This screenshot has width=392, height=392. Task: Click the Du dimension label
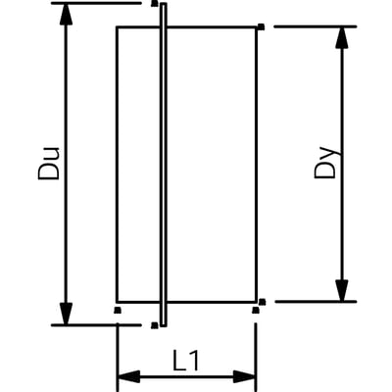(x=49, y=163)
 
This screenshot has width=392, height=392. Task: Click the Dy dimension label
(x=326, y=163)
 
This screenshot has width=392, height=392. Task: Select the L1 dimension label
(x=185, y=361)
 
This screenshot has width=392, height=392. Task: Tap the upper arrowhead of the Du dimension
(x=66, y=14)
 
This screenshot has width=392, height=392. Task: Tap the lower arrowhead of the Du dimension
(x=67, y=314)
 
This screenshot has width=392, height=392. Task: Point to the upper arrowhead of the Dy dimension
(x=342, y=38)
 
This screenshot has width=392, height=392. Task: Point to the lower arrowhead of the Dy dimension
(x=342, y=290)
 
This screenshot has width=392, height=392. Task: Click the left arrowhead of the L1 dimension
(x=128, y=376)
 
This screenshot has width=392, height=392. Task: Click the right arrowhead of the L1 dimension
(x=245, y=376)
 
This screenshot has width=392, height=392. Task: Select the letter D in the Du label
(x=49, y=171)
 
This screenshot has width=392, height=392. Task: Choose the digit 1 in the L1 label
(x=193, y=361)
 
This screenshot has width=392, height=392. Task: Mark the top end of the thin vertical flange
(x=164, y=4)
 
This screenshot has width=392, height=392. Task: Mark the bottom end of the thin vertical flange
(x=164, y=325)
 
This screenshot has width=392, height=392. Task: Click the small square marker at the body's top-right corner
(x=261, y=26)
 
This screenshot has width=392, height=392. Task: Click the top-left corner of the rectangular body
(x=117, y=27)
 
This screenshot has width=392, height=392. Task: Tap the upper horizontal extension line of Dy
(x=316, y=26)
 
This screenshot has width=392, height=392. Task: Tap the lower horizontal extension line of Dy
(x=316, y=302)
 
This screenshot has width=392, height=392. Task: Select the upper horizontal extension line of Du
(x=96, y=3)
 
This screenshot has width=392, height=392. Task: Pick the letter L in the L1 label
(x=178, y=361)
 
